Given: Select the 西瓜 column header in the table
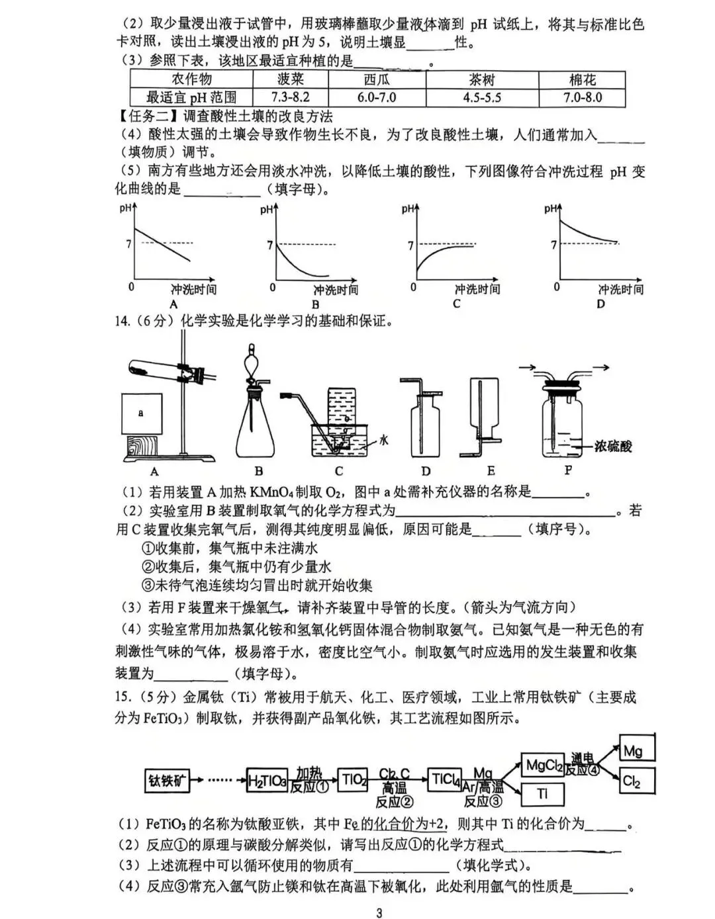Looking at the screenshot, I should [376, 79].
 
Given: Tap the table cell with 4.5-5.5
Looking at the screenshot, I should [481, 97].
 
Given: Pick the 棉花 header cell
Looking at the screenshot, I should [582, 79].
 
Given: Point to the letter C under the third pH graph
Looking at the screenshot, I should [456, 304].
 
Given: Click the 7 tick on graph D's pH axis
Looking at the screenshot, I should [553, 245].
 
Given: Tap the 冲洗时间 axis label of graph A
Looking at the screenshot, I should [193, 289].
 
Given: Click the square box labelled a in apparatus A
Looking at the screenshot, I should [141, 413].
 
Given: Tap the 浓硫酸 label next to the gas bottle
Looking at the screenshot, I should [612, 446].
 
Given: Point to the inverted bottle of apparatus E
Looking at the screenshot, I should [486, 404].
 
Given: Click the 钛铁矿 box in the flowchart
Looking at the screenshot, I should [166, 781].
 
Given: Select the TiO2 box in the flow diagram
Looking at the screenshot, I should [353, 779].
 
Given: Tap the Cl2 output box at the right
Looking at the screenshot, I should [636, 781].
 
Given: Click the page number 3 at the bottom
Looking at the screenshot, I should [379, 913].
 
